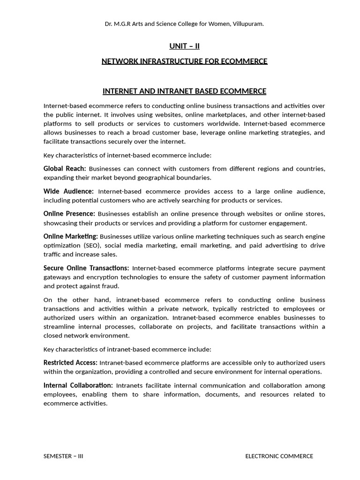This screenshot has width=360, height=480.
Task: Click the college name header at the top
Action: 184,23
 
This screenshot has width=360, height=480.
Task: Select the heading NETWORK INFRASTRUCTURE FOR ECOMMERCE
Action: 184,61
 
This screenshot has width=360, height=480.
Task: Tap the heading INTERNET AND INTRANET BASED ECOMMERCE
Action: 184,91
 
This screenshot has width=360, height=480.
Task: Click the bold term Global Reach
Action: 65,168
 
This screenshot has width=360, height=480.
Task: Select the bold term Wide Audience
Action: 68,191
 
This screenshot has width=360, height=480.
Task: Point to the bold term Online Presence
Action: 69,214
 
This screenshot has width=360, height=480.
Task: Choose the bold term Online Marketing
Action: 70,236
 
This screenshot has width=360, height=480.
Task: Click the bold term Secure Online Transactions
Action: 86,268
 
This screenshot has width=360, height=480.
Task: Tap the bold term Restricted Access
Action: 70,362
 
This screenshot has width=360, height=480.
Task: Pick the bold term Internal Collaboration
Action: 78,385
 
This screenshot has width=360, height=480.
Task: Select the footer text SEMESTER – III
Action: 63,456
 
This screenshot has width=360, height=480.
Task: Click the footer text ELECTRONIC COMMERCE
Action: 279,456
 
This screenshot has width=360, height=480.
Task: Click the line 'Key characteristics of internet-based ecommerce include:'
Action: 127,155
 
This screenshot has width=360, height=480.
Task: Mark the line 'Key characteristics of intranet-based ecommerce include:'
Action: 127,349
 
